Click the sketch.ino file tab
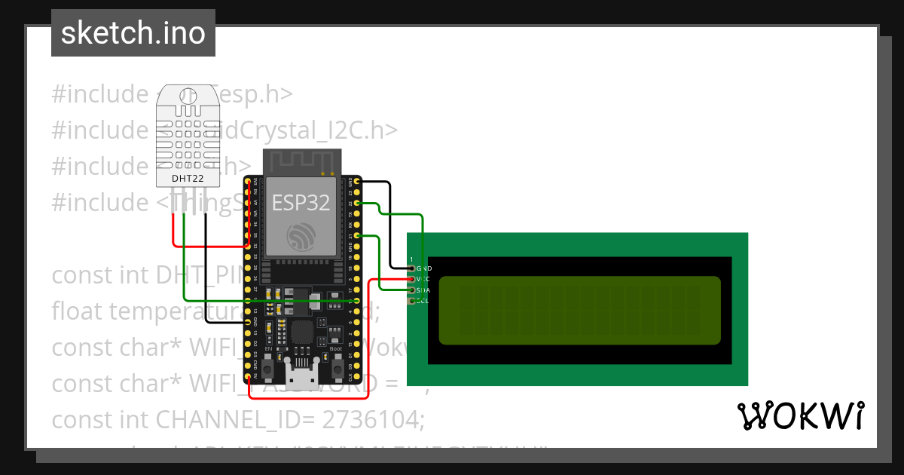133,34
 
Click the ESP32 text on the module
301,202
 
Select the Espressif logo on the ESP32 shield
301,237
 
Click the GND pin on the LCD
411,268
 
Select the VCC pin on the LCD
411,279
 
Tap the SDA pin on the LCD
411,290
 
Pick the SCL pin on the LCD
411,301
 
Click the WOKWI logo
800,415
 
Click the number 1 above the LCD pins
411,259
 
